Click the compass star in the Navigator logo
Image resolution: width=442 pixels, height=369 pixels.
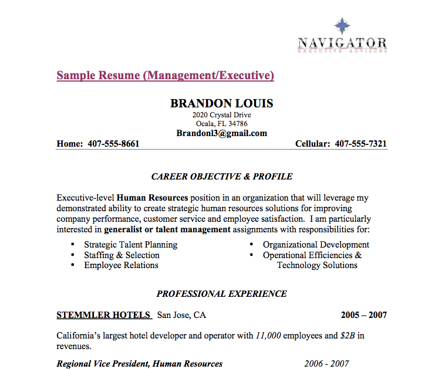(342, 26)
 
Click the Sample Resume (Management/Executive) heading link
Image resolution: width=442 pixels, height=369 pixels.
(165, 76)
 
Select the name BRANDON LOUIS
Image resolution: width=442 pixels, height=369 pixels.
(221, 104)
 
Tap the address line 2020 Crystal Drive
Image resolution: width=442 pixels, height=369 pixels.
(221, 115)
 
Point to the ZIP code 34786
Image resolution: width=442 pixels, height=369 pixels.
(237, 124)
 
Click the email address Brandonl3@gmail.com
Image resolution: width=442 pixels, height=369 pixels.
(221, 133)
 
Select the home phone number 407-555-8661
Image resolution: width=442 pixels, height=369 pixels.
(113, 144)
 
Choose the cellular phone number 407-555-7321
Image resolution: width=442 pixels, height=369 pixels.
(360, 144)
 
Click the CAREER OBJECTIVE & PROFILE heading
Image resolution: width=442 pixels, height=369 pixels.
(221, 177)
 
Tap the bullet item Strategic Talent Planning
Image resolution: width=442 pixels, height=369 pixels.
(130, 245)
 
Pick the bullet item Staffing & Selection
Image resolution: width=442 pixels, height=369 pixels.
(122, 255)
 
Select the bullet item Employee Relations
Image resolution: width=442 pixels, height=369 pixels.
(121, 265)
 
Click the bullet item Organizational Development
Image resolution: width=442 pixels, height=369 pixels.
(316, 245)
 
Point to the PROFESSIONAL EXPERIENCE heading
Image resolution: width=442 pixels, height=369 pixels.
(221, 294)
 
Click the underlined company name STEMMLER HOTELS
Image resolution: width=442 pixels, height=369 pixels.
(103, 315)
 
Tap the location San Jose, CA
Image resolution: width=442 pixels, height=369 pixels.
(181, 315)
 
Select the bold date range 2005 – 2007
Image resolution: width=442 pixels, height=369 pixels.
(363, 315)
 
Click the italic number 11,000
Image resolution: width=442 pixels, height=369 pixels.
(268, 336)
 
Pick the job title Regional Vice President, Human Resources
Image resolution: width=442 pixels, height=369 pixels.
(139, 364)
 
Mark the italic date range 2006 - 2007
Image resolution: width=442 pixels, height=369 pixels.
(326, 364)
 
